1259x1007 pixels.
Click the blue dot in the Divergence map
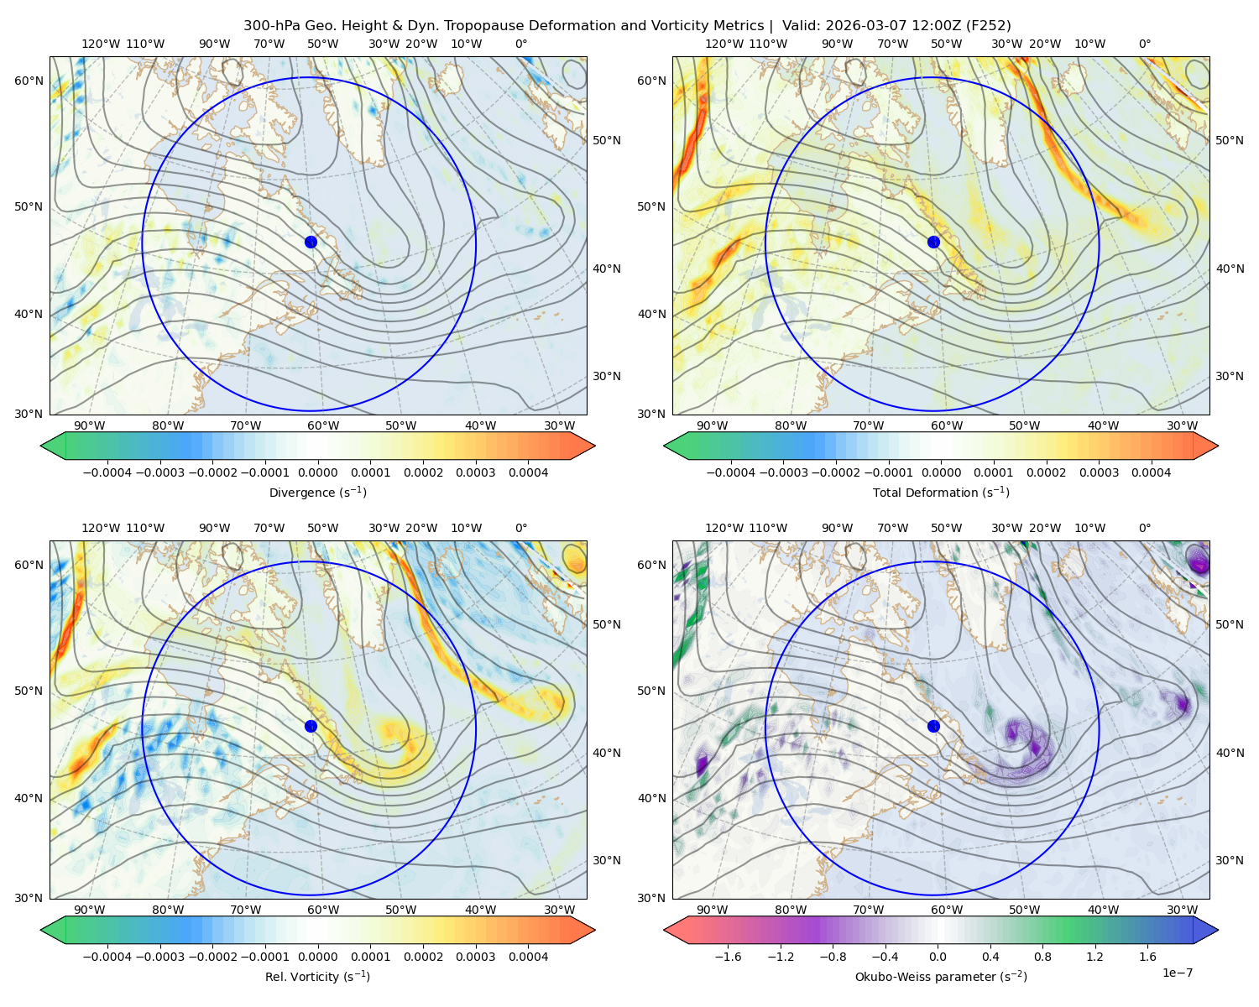(x=311, y=242)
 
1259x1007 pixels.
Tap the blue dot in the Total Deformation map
(x=933, y=242)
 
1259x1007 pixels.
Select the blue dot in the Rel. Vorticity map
(x=311, y=726)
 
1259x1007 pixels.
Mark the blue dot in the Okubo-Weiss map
(x=933, y=726)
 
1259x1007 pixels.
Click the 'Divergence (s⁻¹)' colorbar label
(x=317, y=493)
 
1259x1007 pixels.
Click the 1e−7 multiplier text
(x=1177, y=973)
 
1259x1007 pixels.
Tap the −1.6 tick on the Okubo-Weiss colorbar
(x=728, y=957)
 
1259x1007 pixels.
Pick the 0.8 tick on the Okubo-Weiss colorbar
(x=1042, y=957)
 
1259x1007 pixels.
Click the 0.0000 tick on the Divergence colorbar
(x=317, y=472)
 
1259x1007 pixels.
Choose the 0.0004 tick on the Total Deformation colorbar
(x=1152, y=472)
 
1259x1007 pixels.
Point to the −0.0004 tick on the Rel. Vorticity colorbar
(x=107, y=957)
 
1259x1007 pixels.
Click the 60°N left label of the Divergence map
(x=29, y=81)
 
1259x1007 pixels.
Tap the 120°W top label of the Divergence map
(x=101, y=44)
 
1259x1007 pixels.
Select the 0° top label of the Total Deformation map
(x=1145, y=44)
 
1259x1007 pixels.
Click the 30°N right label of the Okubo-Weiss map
(x=1230, y=860)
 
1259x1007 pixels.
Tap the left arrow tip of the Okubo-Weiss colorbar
(x=665, y=931)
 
